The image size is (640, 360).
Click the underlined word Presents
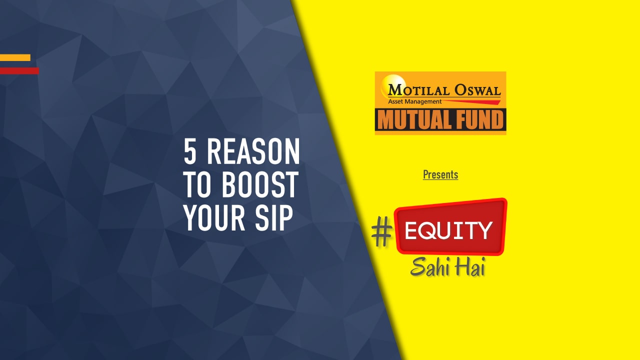440,174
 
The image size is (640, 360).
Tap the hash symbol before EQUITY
381,233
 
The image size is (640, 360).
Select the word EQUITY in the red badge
448,230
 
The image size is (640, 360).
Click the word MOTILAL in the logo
419,90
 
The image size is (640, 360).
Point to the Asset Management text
415,101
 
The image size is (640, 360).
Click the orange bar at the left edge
15,57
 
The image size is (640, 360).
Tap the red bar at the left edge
19,71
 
